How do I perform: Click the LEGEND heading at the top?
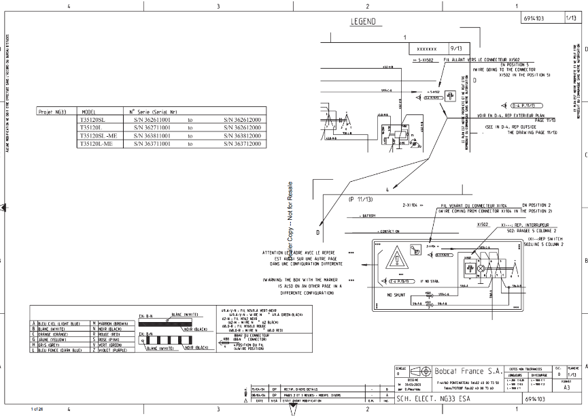pos(363,22)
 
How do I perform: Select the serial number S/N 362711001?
pos(150,127)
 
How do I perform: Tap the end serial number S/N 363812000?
pos(242,135)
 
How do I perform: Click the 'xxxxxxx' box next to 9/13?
pos(426,49)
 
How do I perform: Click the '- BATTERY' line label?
pos(367,216)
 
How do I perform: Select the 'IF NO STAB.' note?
pos(430,281)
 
